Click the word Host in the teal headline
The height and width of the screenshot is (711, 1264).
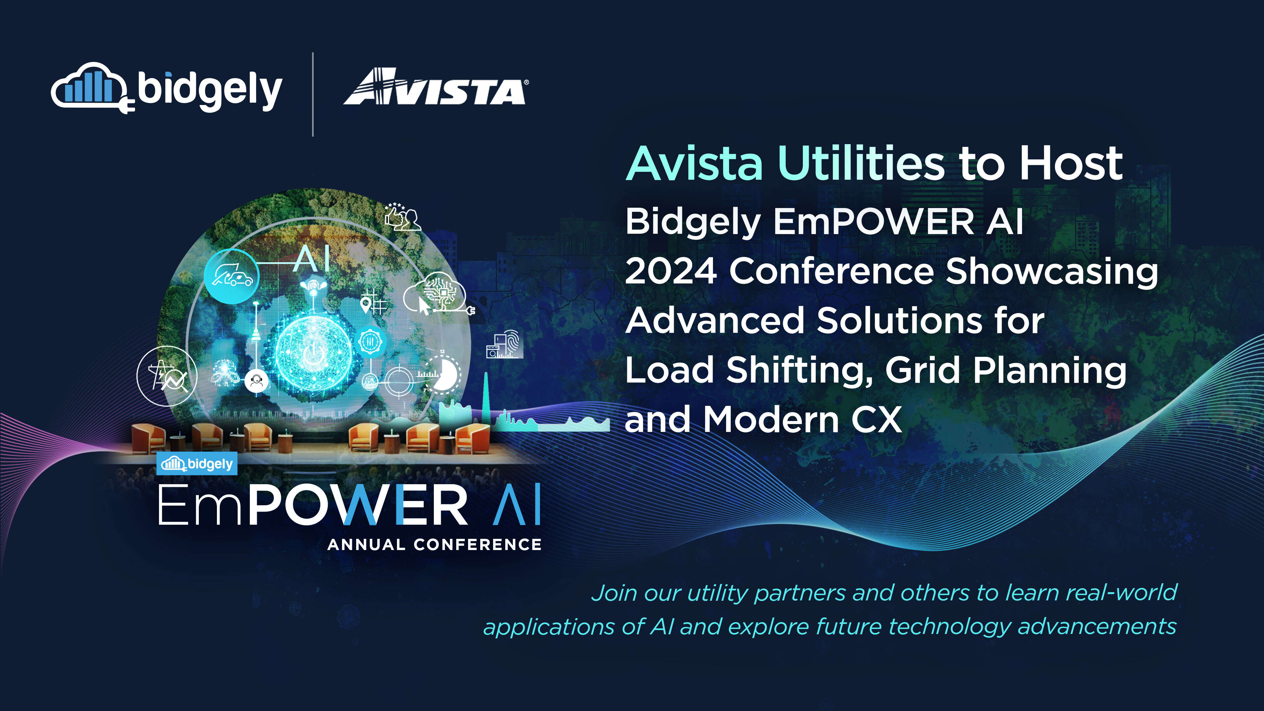point(1071,163)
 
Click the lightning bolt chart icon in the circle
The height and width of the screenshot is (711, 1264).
point(167,376)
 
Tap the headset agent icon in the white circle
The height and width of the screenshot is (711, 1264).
point(256,380)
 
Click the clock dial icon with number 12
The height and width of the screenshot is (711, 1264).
point(443,374)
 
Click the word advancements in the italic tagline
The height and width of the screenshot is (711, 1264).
point(1097,627)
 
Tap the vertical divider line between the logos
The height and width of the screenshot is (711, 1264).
point(313,94)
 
